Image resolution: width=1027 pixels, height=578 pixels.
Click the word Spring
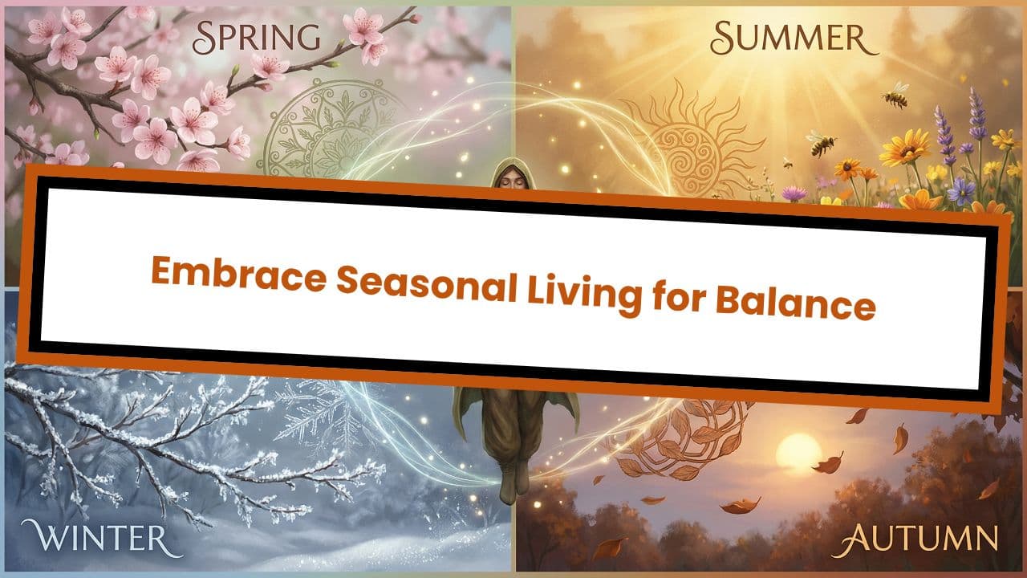[257, 37]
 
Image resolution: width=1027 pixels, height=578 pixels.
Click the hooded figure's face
[506, 177]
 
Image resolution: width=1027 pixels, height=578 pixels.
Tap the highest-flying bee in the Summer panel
[896, 95]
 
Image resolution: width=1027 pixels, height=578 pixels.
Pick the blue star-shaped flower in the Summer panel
[960, 189]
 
